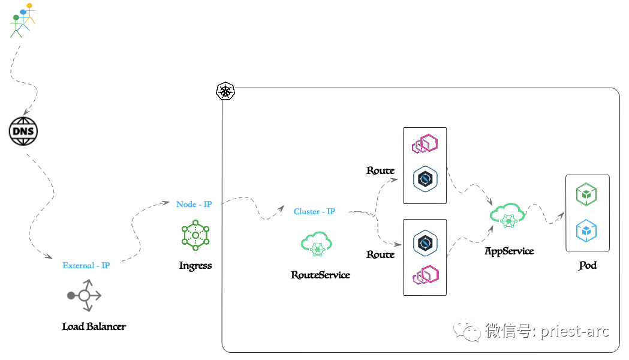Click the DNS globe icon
23,131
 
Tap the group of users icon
22,20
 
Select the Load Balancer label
94,326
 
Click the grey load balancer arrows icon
85,295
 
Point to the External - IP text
86,265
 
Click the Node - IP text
194,204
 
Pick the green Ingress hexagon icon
195,235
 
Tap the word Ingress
195,265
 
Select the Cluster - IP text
314,211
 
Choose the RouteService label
320,275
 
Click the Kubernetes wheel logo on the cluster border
225,91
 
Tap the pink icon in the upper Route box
425,144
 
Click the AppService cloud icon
508,216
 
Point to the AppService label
509,251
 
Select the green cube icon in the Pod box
586,195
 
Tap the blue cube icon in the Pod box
586,230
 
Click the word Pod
588,265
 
